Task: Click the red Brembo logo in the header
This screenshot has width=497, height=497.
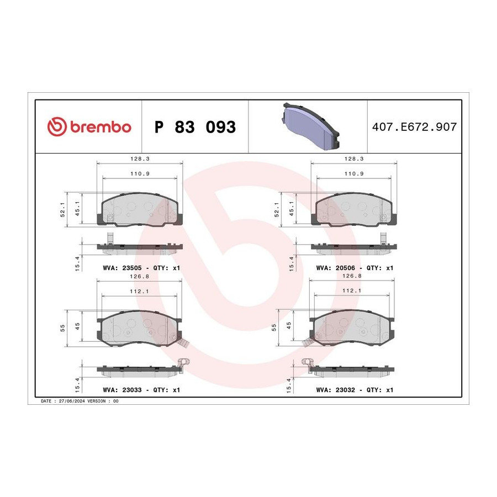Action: [x=89, y=126]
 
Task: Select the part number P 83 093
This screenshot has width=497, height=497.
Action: [x=195, y=127]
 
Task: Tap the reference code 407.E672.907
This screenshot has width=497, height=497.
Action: [x=414, y=127]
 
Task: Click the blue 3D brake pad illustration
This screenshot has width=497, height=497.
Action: [x=310, y=126]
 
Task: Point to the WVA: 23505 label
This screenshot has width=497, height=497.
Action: [x=123, y=268]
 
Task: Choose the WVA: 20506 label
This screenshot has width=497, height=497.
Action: [x=336, y=268]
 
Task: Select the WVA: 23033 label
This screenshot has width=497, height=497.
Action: [x=123, y=390]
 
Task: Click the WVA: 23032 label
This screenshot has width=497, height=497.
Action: [x=336, y=390]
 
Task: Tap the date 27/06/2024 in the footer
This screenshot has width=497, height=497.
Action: [x=72, y=401]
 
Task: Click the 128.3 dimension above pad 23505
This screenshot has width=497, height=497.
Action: [x=140, y=159]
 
